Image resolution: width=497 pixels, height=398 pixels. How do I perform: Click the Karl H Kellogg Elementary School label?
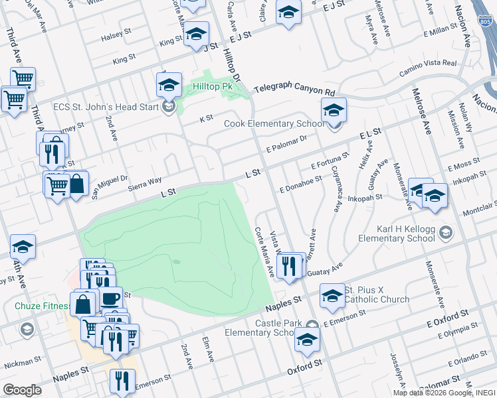tap(406, 234)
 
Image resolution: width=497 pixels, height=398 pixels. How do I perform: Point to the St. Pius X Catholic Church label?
tap(376, 295)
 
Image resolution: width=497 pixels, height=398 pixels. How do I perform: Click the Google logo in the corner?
tap(22, 390)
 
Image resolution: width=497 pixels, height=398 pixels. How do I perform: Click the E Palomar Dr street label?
tap(286, 143)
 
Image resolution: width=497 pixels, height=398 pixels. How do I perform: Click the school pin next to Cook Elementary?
tap(334, 111)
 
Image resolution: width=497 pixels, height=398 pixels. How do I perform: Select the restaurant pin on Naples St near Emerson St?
tap(121, 381)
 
